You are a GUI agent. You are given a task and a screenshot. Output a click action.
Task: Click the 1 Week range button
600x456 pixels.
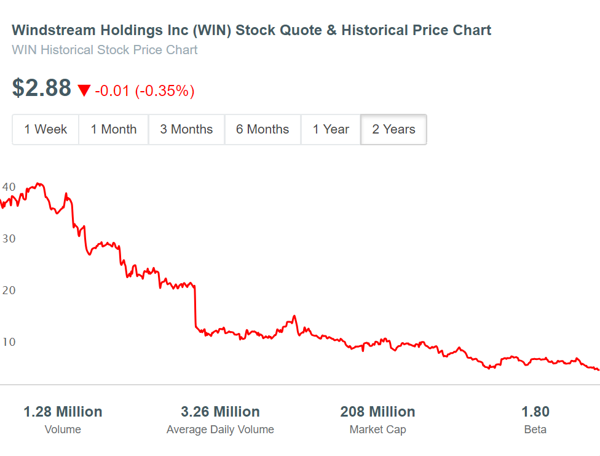pos(45,129)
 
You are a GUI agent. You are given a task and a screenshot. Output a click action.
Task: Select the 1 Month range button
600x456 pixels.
pos(114,129)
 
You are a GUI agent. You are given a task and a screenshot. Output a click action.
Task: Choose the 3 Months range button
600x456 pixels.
pos(186,129)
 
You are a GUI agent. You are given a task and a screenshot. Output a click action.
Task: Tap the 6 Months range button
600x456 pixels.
pos(262,129)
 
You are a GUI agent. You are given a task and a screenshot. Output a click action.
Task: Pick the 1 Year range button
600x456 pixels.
pos(331,129)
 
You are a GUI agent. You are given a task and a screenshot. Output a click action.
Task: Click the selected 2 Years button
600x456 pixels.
pos(393,129)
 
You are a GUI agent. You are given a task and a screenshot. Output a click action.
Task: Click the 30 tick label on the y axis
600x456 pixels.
pos(9,238)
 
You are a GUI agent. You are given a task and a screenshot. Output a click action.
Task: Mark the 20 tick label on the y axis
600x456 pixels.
pos(9,290)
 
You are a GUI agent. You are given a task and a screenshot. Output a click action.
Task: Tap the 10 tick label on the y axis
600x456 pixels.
pos(9,342)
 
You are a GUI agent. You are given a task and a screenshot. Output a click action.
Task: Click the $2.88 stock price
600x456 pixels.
pos(42,89)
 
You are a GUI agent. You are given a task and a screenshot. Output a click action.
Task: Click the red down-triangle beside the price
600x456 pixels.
pos(84,91)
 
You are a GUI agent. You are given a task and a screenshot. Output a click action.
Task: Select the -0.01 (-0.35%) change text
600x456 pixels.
pos(144,91)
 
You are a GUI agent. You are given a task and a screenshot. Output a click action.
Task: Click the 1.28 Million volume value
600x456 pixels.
pos(63,412)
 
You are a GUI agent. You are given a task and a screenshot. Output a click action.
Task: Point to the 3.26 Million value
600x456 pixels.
pos(220,412)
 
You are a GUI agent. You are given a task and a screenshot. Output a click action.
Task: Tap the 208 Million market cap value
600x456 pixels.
pos(377,412)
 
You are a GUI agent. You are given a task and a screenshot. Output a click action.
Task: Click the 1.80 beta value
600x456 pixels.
pos(535,412)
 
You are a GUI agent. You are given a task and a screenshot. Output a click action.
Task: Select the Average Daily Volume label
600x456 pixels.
pos(220,430)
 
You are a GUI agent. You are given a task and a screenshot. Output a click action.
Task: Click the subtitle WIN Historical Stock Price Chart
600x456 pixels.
pos(105,50)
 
